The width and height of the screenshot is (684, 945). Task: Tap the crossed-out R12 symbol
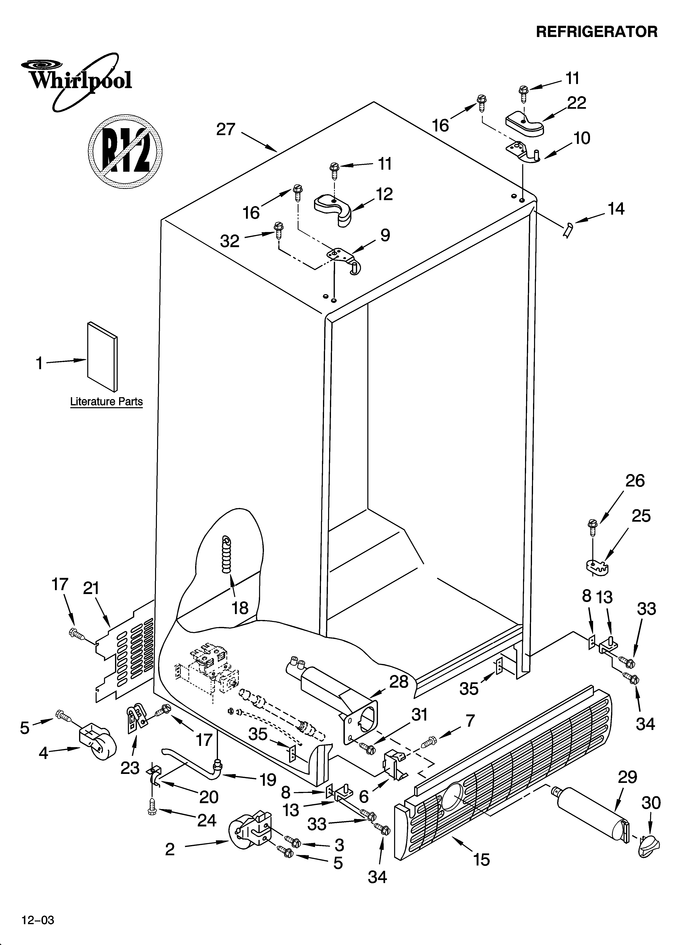click(x=125, y=150)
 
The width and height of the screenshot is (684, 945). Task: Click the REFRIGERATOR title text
click(x=597, y=32)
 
